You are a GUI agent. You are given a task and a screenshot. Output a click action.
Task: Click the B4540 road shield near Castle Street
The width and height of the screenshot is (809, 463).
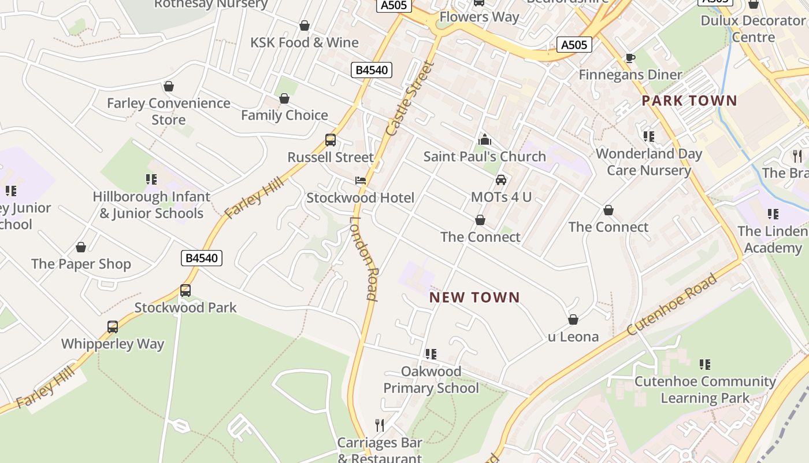[372, 70]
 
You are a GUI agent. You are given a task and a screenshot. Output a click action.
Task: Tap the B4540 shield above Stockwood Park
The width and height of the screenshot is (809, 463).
[201, 258]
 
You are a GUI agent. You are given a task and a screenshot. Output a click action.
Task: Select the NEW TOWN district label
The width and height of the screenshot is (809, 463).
[474, 297]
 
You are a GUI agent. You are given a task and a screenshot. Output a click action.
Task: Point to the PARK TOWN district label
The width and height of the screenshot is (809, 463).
[689, 101]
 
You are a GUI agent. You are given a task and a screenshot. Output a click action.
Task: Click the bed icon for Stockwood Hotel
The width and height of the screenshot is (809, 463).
[361, 181]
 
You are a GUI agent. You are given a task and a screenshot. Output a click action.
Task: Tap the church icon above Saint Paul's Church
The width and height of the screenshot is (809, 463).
[485, 139]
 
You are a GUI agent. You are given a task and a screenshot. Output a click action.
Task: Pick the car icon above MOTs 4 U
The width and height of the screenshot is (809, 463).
[501, 180]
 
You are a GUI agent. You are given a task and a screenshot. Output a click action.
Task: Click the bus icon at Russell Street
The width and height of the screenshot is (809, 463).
[331, 140]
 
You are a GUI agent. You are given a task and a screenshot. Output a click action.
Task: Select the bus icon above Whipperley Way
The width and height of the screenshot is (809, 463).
[113, 327]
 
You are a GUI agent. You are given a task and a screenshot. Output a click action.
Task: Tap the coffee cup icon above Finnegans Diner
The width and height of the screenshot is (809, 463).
[630, 58]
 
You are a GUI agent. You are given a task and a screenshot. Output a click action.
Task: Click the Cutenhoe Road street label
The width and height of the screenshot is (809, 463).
[672, 304]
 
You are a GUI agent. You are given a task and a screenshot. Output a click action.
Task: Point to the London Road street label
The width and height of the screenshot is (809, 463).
[364, 258]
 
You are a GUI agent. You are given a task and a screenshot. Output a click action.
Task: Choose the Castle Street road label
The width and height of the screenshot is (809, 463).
[409, 99]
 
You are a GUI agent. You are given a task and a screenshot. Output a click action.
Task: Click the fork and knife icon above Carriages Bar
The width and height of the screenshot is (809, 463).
[380, 425]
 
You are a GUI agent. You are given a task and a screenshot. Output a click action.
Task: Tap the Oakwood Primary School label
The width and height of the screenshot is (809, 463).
[431, 380]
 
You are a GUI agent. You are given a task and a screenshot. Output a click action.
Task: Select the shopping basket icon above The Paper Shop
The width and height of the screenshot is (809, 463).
[81, 247]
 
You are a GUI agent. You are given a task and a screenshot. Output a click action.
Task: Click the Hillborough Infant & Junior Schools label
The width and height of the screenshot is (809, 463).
[151, 205]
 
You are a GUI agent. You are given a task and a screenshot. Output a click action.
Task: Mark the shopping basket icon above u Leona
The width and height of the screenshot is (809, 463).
[573, 319]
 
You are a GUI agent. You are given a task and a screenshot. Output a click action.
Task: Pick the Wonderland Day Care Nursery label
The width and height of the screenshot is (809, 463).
[649, 162]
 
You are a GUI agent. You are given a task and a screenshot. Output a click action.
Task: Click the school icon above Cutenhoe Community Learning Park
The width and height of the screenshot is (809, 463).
[705, 365]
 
